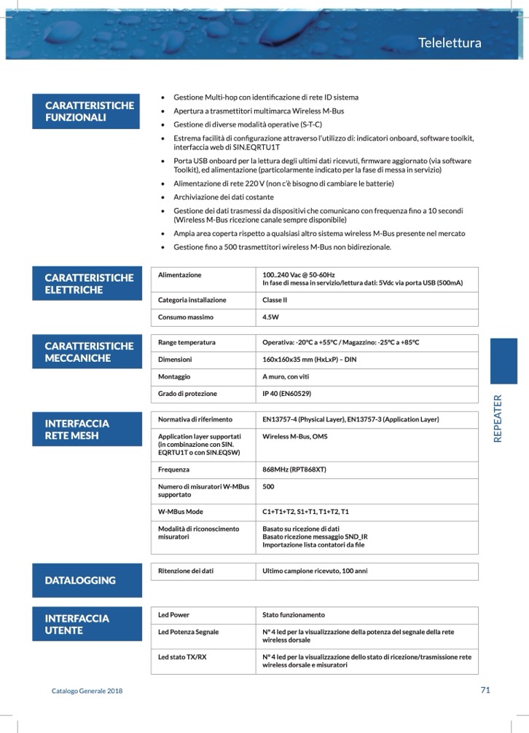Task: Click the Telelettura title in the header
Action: (450, 43)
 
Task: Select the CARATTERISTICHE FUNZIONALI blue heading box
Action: (87, 111)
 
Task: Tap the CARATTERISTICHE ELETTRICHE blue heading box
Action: (87, 283)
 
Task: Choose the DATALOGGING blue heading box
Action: (87, 580)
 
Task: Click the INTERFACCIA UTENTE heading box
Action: (87, 624)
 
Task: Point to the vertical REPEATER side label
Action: (498, 419)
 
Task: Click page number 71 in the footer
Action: (485, 690)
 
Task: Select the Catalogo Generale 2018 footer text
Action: (87, 691)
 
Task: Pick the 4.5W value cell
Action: (271, 317)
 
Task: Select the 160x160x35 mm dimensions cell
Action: (309, 360)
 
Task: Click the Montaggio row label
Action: (174, 376)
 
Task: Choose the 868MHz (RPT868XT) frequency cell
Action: (294, 469)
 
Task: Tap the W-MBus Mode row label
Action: (181, 512)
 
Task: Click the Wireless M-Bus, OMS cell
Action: (295, 437)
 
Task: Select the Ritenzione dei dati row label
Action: (186, 571)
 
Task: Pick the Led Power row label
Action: (173, 615)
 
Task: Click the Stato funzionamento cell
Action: (294, 615)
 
